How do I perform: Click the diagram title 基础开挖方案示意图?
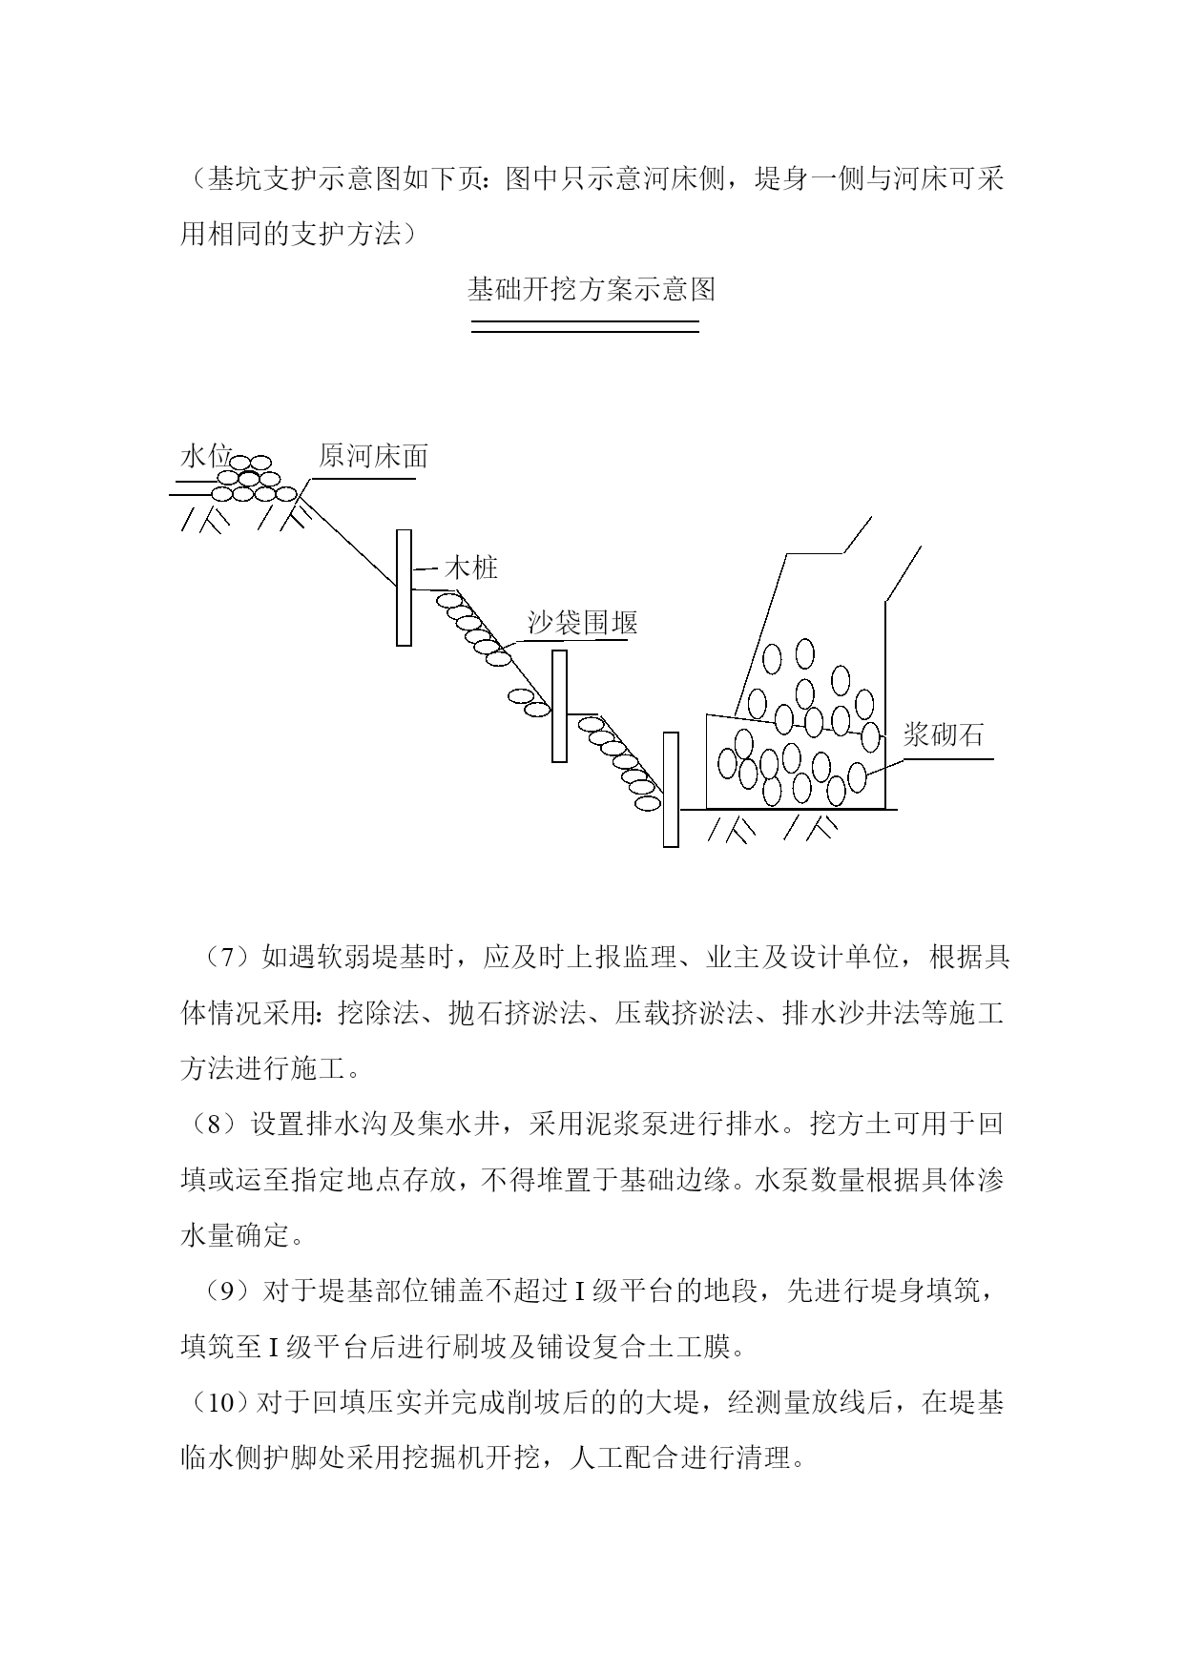(x=592, y=289)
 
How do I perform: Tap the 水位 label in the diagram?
(x=206, y=456)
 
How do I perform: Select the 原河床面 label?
(x=373, y=456)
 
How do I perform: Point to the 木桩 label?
(x=471, y=568)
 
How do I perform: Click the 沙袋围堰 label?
(x=583, y=623)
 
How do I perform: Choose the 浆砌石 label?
(x=943, y=734)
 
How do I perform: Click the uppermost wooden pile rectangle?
(x=405, y=588)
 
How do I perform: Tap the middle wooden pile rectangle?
(x=559, y=706)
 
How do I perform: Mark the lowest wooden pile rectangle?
(x=671, y=790)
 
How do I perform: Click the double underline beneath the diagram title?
(x=586, y=327)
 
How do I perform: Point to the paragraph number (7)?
(x=227, y=957)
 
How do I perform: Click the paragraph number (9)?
(x=227, y=1291)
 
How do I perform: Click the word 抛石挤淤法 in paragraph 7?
(x=517, y=1013)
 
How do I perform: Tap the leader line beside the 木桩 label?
(x=426, y=569)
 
